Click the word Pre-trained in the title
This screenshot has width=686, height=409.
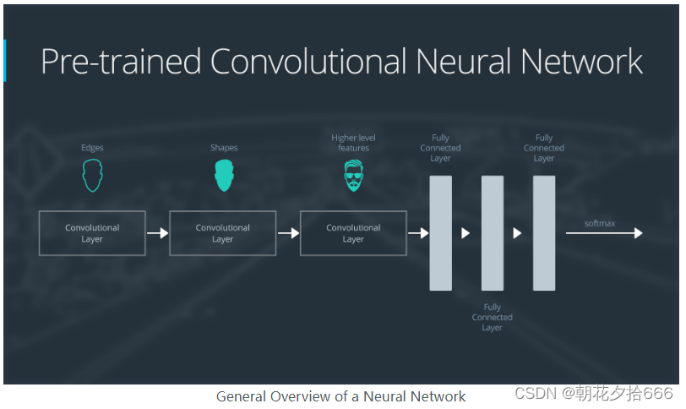119,63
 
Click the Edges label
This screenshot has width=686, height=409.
92,148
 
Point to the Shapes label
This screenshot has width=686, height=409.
224,148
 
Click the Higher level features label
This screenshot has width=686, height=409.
353,143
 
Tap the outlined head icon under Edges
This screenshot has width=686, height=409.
92,176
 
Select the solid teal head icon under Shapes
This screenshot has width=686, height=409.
223,176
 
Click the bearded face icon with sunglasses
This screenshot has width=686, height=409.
353,176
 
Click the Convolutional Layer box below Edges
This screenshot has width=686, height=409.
92,233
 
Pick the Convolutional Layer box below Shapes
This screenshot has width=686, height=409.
222,233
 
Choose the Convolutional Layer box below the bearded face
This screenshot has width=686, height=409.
353,233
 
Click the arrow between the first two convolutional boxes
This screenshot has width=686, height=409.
158,233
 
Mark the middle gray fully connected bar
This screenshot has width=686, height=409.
493,233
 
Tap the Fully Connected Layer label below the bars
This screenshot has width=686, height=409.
493,318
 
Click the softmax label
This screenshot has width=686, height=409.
600,223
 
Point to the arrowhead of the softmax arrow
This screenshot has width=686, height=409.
638,233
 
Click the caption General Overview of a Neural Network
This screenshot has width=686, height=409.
340,396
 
